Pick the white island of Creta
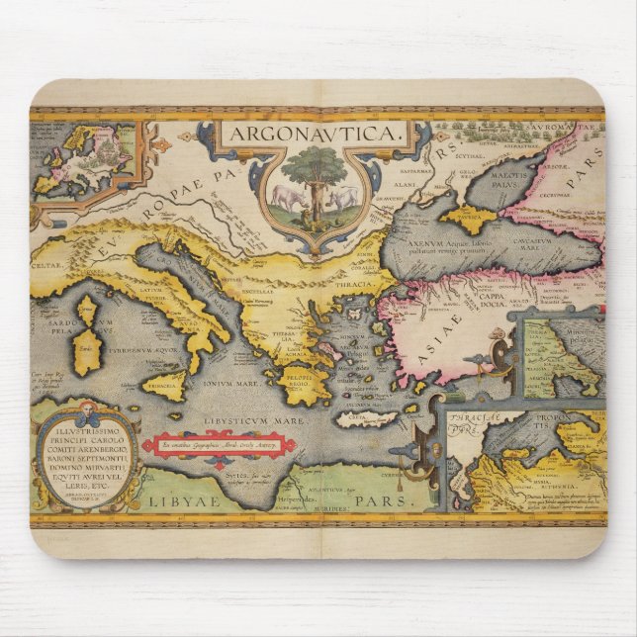366,418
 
